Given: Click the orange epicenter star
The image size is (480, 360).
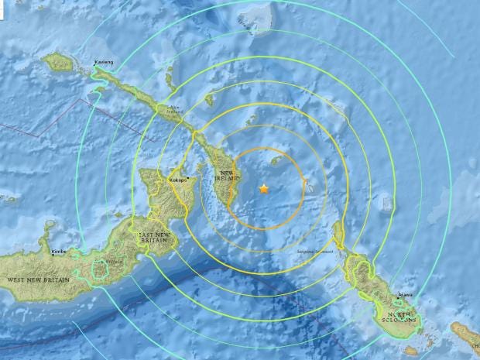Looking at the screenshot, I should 264,188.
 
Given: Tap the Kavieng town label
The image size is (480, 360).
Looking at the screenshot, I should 104,61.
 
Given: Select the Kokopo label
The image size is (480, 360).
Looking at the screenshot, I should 178,181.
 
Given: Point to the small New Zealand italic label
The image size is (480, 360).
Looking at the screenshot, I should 174,110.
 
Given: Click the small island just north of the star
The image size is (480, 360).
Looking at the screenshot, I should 274,161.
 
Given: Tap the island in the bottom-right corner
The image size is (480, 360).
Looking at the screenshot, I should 465,334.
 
